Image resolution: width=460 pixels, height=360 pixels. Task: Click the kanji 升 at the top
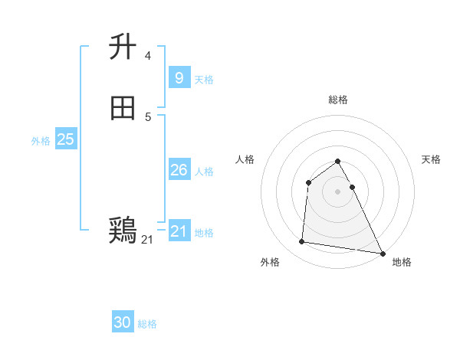pos(123,47)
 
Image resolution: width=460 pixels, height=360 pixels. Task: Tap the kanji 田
pos(123,109)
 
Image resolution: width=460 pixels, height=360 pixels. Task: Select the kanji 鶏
pos(123,230)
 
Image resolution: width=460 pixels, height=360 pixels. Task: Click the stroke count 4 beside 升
pos(147,55)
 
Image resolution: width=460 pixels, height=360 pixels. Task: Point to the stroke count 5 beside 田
pos(147,116)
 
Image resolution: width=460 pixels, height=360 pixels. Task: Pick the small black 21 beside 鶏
pos(147,240)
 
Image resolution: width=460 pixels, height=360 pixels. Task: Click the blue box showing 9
pos(179,77)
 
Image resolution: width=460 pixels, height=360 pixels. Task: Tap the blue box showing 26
pos(179,170)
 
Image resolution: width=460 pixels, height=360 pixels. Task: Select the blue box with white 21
pos(179,231)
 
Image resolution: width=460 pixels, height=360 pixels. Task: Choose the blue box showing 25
pos(65,139)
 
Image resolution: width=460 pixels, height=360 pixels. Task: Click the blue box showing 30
pos(123,322)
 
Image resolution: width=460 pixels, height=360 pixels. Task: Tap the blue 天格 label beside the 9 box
pos(204,80)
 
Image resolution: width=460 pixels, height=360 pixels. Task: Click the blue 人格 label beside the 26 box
pos(204,172)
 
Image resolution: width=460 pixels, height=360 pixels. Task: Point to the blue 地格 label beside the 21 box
pos(204,233)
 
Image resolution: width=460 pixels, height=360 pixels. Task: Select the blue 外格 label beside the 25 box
pos(41,141)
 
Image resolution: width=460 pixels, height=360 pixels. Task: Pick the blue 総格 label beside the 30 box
pos(147,324)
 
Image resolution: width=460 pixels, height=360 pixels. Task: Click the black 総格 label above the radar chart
pos(338,100)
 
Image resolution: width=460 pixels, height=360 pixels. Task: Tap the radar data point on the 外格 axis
pos(302,242)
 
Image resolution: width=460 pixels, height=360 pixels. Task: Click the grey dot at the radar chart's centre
pos(338,191)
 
